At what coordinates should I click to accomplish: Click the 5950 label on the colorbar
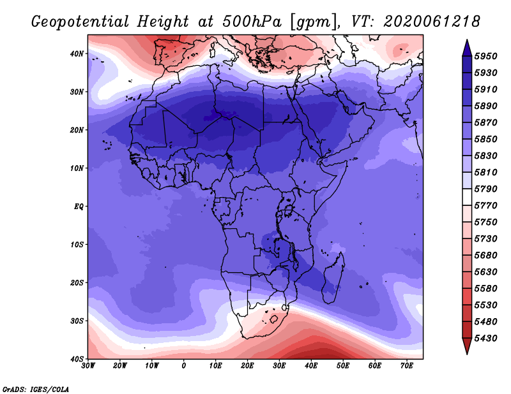coord(485,56)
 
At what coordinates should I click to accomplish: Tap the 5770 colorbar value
coord(485,206)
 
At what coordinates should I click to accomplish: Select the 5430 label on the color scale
coord(485,339)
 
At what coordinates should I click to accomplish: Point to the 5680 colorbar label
coord(485,256)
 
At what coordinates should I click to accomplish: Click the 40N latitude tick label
coord(77,54)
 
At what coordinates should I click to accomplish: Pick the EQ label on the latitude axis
coord(79,207)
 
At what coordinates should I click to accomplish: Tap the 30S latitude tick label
coord(77,321)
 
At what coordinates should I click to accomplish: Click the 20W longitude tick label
coord(120,366)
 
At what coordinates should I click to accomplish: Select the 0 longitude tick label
coord(184,366)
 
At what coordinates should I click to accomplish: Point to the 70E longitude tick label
coord(407,366)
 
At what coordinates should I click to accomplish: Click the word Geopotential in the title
coord(80,22)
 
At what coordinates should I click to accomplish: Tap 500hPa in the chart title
coord(252,22)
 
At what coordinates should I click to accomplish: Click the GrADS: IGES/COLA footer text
coord(36,390)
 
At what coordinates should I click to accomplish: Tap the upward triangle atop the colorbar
coord(467,48)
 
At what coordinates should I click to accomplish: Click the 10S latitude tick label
coord(77,245)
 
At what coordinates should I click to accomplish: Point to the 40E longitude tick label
coord(311,366)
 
